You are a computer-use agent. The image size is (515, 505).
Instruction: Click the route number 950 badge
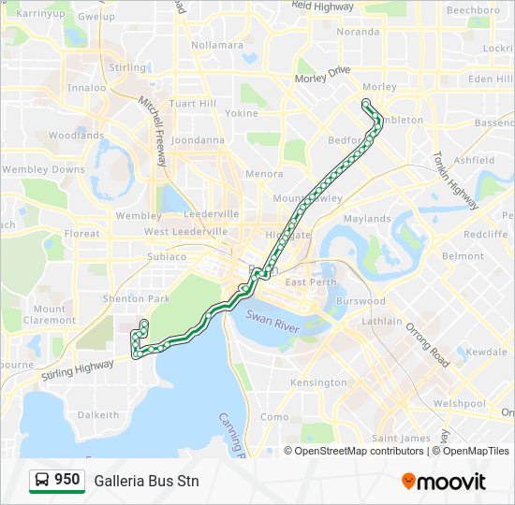(x=56, y=480)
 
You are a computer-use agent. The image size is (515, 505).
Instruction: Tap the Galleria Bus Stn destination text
(x=146, y=481)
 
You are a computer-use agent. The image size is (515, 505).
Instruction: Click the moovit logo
(x=444, y=481)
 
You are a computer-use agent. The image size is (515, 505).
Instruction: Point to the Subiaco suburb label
(x=167, y=256)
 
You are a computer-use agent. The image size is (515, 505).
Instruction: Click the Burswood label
(x=360, y=301)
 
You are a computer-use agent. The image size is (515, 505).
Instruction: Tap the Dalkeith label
(x=98, y=414)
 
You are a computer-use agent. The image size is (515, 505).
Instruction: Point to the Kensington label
(x=318, y=382)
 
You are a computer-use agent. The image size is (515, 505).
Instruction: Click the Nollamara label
(x=216, y=45)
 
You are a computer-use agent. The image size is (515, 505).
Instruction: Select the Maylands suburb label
(x=367, y=219)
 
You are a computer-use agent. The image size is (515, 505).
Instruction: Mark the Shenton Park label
(x=136, y=298)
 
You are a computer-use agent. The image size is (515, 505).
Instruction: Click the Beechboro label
(x=473, y=10)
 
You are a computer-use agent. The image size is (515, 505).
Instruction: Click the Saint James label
(x=401, y=438)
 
